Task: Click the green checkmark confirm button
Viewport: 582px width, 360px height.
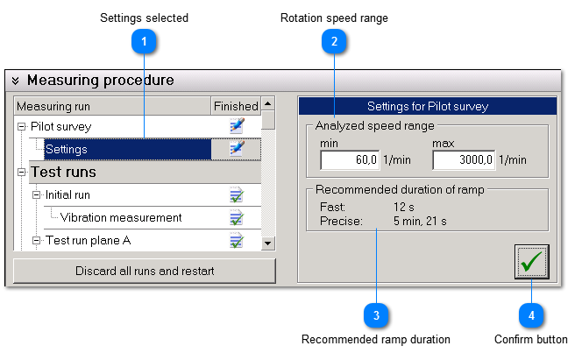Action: (x=531, y=261)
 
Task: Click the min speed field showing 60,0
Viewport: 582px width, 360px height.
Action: (x=350, y=159)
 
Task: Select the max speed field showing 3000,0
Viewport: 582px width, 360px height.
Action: (x=463, y=159)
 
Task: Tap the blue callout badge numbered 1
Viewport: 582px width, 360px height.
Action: (x=144, y=40)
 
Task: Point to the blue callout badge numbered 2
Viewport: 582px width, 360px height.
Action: (x=334, y=40)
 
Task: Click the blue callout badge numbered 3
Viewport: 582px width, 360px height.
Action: (x=376, y=314)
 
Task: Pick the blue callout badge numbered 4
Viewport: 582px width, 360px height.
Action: (x=531, y=314)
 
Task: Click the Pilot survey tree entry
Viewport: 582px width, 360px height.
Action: (x=60, y=126)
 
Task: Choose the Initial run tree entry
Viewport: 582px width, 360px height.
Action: (x=67, y=194)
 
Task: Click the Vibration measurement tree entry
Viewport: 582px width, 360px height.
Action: (x=121, y=217)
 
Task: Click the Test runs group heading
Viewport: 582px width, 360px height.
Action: (x=63, y=172)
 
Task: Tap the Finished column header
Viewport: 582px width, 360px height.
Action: (x=236, y=106)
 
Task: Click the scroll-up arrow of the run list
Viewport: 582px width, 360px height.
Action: (x=268, y=103)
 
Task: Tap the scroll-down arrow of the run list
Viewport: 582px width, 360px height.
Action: (x=268, y=243)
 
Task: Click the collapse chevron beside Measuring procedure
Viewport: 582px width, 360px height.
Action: (x=16, y=81)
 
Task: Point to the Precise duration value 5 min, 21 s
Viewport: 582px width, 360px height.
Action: (x=420, y=221)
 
